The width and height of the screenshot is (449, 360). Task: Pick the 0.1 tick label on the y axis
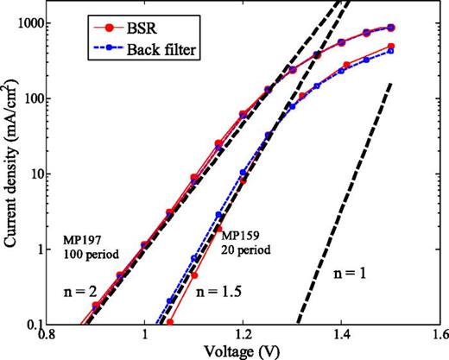[x=37, y=325]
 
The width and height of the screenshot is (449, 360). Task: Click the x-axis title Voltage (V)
[x=245, y=351]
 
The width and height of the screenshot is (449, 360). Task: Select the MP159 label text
[x=241, y=236]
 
